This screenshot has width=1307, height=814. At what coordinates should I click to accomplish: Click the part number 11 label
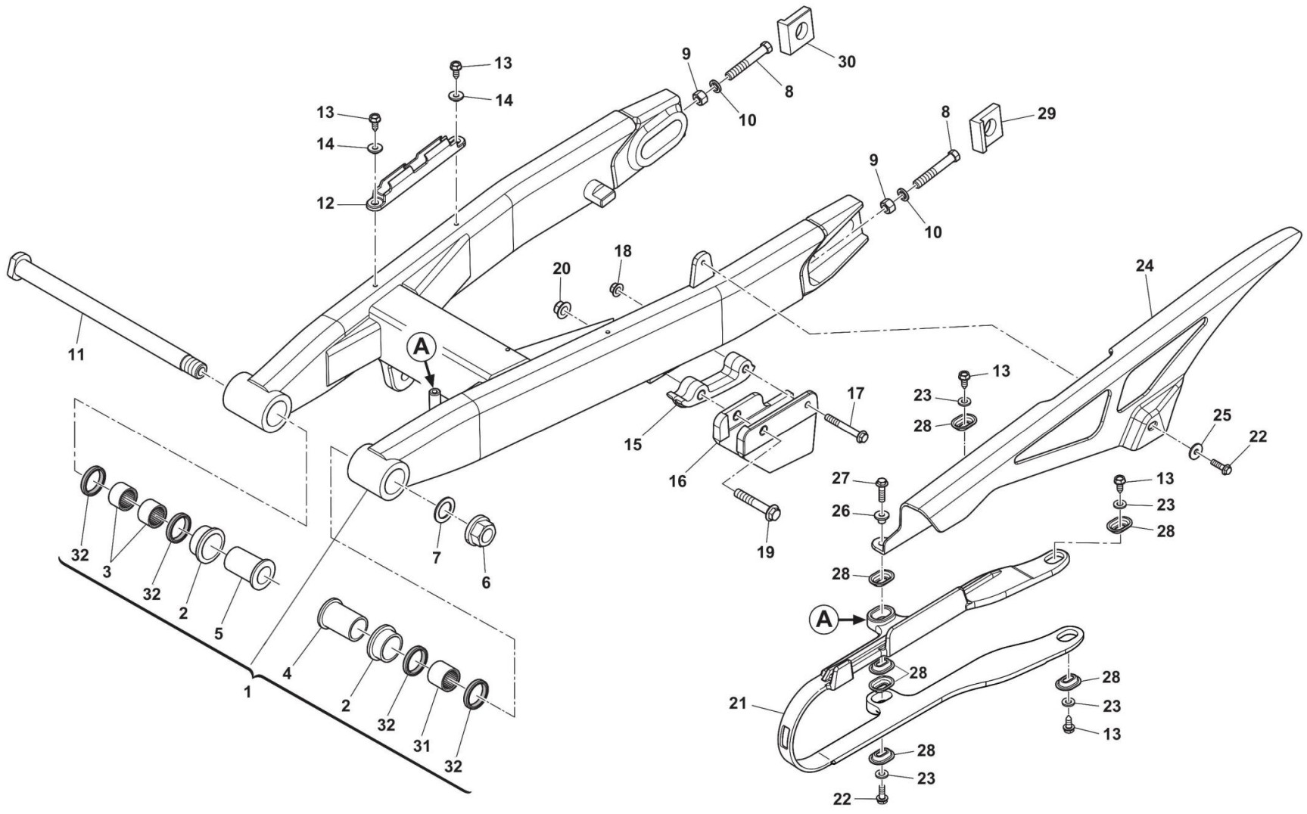[x=76, y=353]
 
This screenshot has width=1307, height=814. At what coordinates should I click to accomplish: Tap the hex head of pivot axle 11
[x=17, y=267]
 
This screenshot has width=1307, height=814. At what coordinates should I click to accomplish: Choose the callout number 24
[x=1144, y=266]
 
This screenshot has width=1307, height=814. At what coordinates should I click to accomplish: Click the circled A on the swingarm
[x=422, y=347]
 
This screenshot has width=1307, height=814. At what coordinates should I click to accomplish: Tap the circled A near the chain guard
[x=824, y=619]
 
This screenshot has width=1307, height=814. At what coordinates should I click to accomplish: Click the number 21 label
[x=738, y=704]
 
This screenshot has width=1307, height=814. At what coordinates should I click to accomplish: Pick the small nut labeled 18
[x=616, y=288]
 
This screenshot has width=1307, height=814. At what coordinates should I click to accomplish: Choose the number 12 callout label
[x=325, y=204]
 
